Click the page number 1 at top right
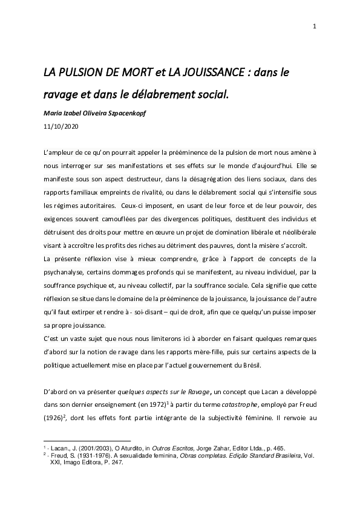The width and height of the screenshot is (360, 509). [x=315, y=25]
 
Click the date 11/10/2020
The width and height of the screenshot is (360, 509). [x=61, y=127]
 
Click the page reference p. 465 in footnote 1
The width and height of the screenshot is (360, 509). [x=271, y=447]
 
